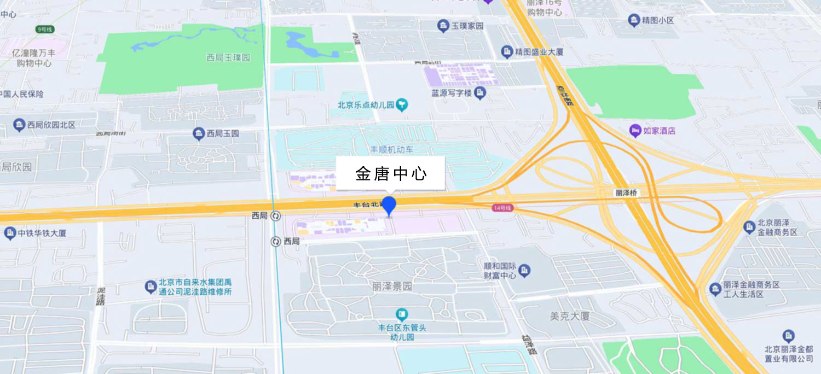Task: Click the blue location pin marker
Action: click(389, 206)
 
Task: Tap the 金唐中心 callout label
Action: click(391, 174)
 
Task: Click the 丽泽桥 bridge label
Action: click(626, 193)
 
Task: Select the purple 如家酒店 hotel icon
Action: click(635, 131)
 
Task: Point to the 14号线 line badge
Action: click(501, 208)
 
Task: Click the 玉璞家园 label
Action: click(467, 26)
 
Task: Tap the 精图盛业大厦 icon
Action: click(507, 52)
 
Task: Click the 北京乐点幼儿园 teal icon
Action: click(403, 104)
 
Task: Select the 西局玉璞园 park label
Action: click(228, 57)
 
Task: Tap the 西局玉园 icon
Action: click(199, 133)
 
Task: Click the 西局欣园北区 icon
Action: click(19, 125)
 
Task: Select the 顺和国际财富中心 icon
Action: click(524, 270)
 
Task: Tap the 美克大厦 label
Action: click(569, 316)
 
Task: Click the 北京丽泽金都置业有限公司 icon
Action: click(789, 335)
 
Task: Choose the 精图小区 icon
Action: click(634, 21)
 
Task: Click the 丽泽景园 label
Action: click(391, 286)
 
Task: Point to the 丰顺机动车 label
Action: click(392, 149)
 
